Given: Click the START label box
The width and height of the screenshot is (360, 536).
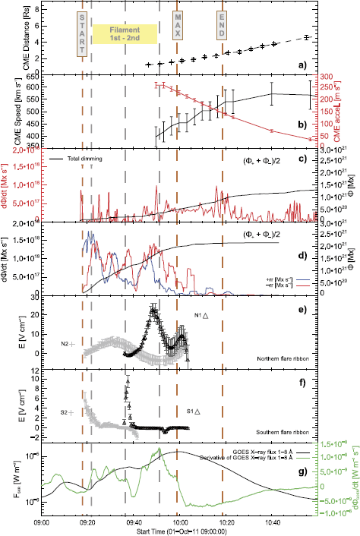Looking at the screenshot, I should coord(83,34).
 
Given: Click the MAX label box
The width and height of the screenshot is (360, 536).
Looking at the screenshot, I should coord(178,30).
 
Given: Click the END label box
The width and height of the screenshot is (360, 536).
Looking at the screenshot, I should coord(222,30).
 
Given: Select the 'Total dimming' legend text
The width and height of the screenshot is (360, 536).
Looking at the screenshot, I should coord(85,159).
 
